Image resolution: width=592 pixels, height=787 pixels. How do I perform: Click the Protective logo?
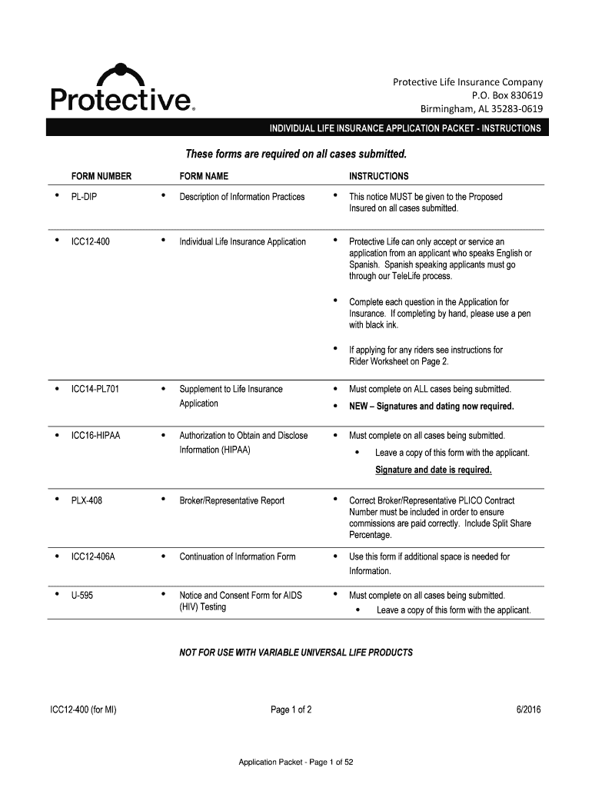click(x=123, y=88)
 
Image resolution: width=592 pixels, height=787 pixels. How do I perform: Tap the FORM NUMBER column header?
click(x=101, y=176)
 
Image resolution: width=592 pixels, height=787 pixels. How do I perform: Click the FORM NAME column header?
click(x=204, y=176)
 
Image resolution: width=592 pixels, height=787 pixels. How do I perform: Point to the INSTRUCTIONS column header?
click(x=378, y=176)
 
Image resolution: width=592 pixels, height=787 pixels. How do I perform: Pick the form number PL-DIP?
click(x=84, y=197)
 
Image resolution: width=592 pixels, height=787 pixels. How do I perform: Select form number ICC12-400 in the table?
click(x=91, y=242)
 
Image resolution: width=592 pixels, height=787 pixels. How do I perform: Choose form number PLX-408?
click(x=87, y=500)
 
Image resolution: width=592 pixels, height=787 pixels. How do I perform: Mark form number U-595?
click(x=83, y=596)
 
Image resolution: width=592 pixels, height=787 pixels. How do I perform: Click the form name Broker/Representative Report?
click(x=231, y=500)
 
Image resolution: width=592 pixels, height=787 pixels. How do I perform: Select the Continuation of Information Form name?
click(x=237, y=556)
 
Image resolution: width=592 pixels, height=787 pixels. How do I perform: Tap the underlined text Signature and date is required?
click(x=433, y=470)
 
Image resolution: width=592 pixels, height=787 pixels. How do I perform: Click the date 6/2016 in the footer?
click(x=528, y=710)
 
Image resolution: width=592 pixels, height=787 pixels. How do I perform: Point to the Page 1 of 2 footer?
click(x=291, y=710)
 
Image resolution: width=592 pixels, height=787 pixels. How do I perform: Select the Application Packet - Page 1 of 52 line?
click(x=295, y=762)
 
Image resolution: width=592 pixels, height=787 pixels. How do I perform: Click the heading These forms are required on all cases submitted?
click(x=296, y=153)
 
